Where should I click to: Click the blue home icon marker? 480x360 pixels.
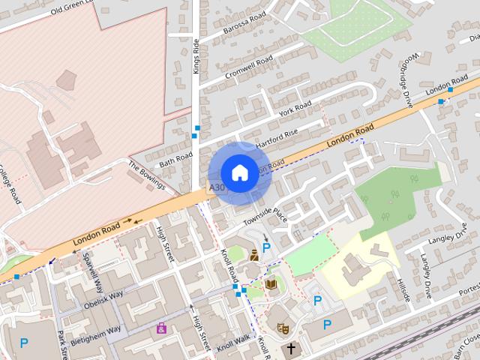pos(239,173)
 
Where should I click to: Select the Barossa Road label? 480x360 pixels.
pos(244,25)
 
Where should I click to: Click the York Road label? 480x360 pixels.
pos(294,109)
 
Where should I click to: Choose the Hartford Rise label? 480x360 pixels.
pos(276,134)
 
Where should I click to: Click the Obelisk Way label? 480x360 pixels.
pos(103,299)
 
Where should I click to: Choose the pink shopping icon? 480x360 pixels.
pos(161,327)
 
